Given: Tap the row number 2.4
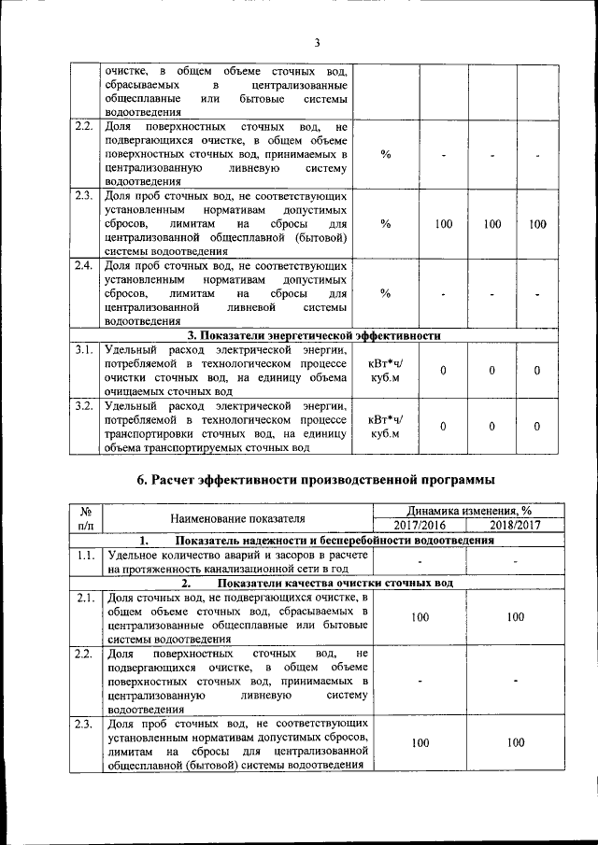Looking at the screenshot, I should point(84,265).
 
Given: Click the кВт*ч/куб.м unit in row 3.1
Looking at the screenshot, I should point(385,371).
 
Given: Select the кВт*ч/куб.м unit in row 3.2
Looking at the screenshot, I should point(385,426).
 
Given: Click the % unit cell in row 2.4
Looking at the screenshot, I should point(385,295).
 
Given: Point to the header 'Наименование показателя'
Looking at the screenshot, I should point(237,518).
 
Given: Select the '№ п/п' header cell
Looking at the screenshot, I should point(85,518).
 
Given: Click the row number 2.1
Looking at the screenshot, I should point(84,598).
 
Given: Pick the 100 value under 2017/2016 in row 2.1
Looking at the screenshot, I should point(420,617).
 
